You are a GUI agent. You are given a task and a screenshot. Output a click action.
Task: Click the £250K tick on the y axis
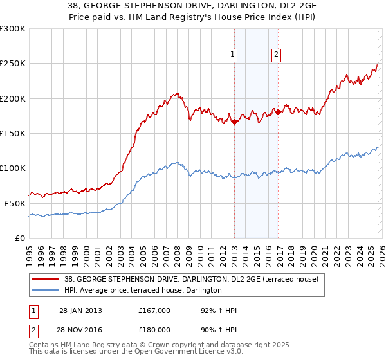click(13, 64)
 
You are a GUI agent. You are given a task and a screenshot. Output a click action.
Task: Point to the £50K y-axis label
click(15, 203)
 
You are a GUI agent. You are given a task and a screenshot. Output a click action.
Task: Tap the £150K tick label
click(13, 133)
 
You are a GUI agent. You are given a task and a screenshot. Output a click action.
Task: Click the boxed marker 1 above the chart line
click(233, 55)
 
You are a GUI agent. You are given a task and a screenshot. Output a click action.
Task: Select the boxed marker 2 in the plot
click(276, 55)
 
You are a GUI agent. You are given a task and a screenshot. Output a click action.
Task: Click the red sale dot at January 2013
click(234, 122)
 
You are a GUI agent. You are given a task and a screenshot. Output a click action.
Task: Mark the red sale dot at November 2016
click(278, 113)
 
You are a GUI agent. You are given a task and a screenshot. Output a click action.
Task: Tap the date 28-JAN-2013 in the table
click(80, 310)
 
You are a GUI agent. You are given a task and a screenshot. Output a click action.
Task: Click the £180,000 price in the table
click(154, 330)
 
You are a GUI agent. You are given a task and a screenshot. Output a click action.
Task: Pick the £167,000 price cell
click(154, 310)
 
